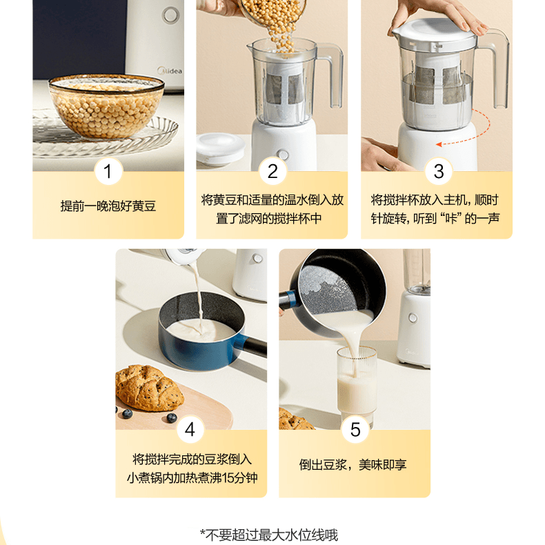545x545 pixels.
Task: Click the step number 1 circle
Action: (108, 171)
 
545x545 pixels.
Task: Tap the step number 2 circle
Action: (272, 171)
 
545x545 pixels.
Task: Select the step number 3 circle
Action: (439, 171)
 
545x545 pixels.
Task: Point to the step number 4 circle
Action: (190, 430)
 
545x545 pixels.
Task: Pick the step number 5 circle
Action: (355, 430)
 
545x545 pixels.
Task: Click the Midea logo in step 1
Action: (170, 70)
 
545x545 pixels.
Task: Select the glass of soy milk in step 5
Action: (357, 386)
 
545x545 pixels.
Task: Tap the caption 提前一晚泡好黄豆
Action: (108, 206)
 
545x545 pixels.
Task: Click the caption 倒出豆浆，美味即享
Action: (353, 464)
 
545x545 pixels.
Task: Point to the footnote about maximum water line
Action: (269, 535)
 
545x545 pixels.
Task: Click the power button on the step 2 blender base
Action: (284, 155)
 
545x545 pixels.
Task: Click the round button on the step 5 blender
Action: (413, 317)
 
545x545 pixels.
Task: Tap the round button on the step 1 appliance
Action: (170, 15)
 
